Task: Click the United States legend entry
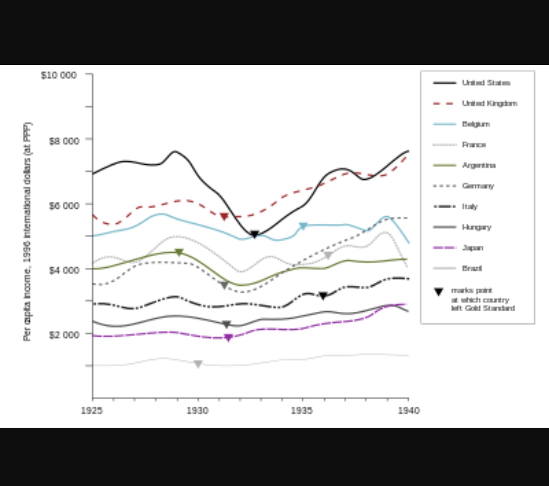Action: (486, 83)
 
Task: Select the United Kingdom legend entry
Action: (489, 103)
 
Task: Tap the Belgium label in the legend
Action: (476, 124)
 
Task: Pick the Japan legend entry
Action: (473, 248)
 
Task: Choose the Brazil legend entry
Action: (472, 268)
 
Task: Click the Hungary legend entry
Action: (476, 227)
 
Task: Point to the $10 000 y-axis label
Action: (59, 75)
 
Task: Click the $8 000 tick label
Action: (64, 141)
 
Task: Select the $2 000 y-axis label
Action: (64, 335)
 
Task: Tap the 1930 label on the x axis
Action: (197, 410)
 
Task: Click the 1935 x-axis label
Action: (302, 410)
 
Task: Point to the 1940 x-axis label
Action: (409, 410)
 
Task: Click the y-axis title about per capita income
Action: (28, 232)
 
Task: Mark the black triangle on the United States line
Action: (254, 235)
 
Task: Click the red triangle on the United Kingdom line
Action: (224, 217)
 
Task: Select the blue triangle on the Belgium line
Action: (303, 226)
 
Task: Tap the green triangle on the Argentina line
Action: (179, 252)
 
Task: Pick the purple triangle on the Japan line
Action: (228, 337)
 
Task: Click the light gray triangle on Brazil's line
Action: (198, 364)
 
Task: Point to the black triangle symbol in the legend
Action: (439, 292)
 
